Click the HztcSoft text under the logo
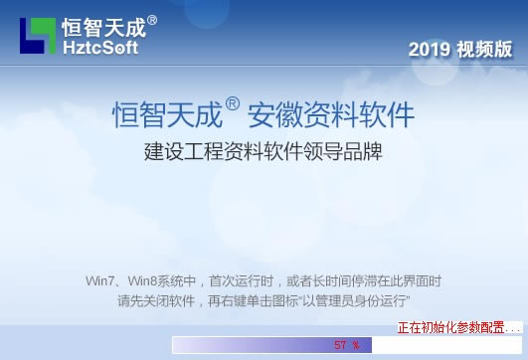(99, 47)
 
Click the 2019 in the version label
(430, 49)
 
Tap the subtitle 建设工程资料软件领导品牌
(263, 153)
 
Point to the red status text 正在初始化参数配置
(451, 327)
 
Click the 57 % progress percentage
(346, 345)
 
